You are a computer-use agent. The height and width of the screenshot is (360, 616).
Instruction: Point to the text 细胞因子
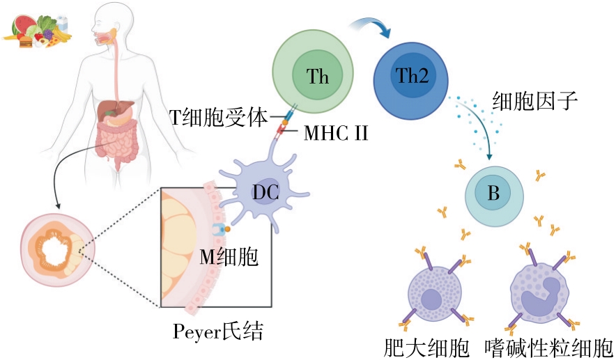(534, 102)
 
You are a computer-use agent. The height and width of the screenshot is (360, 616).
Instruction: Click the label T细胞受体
(219, 116)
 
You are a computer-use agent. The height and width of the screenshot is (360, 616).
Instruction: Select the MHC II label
(335, 132)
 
